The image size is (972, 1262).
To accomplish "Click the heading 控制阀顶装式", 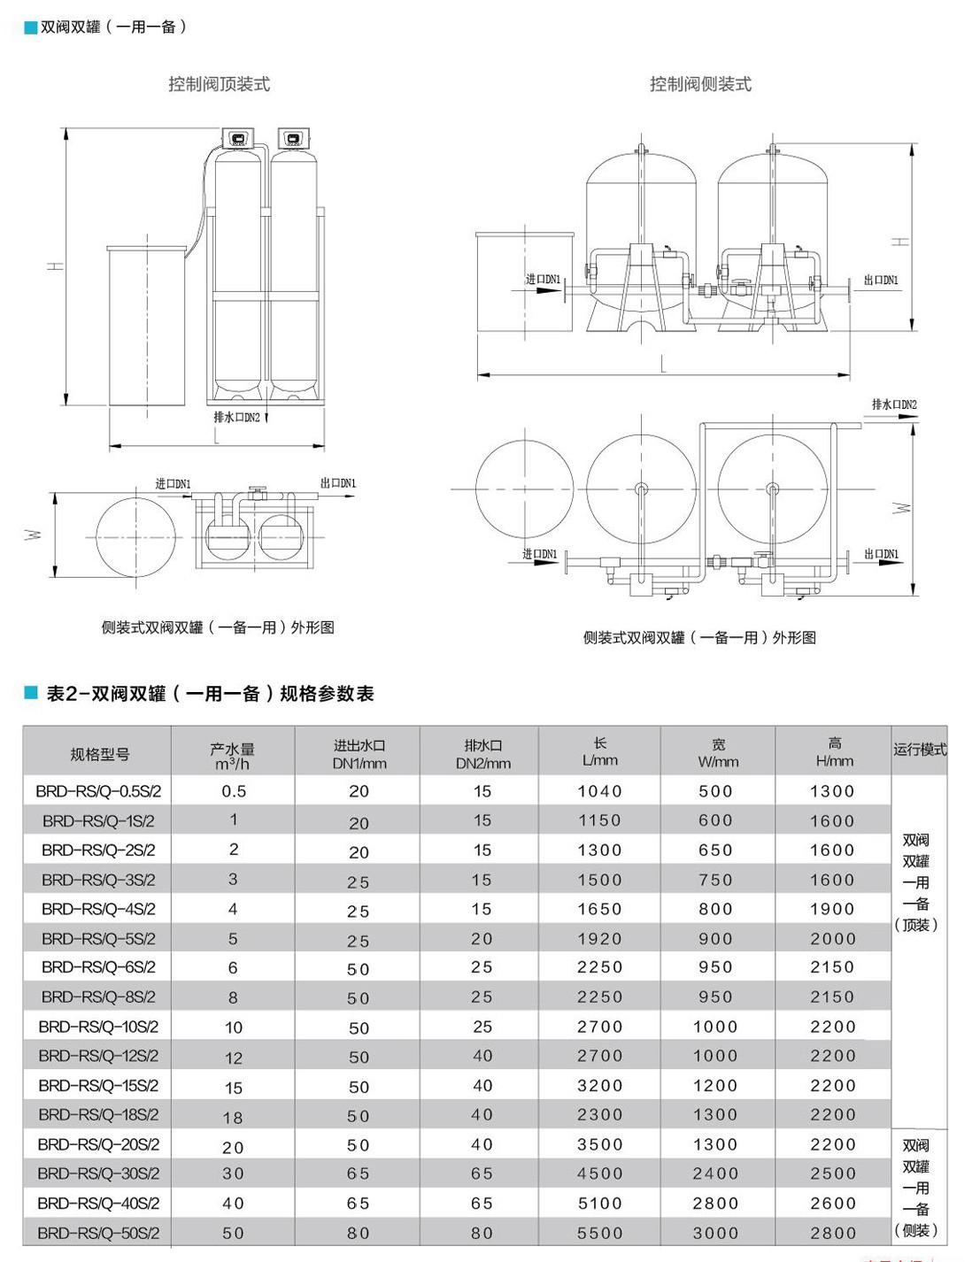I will [219, 84].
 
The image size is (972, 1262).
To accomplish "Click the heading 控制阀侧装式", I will [700, 84].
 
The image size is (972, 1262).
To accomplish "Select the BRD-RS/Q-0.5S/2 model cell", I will [98, 791].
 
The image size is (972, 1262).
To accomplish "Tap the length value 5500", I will [599, 1233].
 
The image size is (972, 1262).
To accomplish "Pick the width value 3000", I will [715, 1233].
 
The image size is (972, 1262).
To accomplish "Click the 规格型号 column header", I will [99, 754].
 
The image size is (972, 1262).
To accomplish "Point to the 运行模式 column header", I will [919, 750].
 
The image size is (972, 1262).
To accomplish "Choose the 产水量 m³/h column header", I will [232, 755].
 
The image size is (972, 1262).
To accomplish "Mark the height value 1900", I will [832, 909].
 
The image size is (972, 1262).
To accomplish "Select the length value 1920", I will [599, 939].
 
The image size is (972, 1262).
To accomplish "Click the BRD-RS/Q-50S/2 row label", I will [98, 1233].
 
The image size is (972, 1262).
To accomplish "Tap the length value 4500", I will [599, 1174].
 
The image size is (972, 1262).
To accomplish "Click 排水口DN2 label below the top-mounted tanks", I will [236, 417].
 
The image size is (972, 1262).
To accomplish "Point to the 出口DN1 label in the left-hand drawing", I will [337, 483].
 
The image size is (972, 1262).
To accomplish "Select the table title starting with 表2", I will [210, 694].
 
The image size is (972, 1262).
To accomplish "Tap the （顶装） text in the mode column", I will [916, 925].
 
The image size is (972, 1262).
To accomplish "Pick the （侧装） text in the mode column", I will [916, 1230].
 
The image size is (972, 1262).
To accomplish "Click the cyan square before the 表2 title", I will [31, 693].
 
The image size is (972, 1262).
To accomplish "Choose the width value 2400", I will [715, 1174].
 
